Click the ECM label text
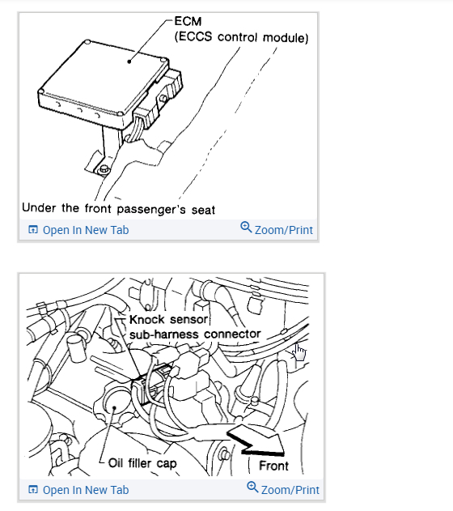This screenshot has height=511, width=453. pyautogui.click(x=188, y=21)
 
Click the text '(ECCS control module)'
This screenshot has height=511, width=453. pyautogui.click(x=242, y=36)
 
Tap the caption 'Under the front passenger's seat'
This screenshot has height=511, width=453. pyautogui.click(x=118, y=209)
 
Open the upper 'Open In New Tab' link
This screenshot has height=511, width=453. pyautogui.click(x=86, y=230)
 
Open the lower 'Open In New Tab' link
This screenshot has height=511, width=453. pyautogui.click(x=86, y=490)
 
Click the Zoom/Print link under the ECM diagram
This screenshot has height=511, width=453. pyautogui.click(x=283, y=230)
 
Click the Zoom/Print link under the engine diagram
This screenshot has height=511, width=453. pyautogui.click(x=290, y=490)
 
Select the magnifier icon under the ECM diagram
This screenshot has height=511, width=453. pyautogui.click(x=246, y=227)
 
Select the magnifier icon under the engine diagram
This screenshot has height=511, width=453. pyautogui.click(x=252, y=488)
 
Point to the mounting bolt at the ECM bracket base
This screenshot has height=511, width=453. pyautogui.click(x=104, y=168)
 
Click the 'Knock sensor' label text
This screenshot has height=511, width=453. pyautogui.click(x=168, y=320)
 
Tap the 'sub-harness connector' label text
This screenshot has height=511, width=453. pyautogui.click(x=195, y=334)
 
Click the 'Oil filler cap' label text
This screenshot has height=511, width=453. pyautogui.click(x=142, y=463)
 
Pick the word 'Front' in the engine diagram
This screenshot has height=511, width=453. pyautogui.click(x=273, y=466)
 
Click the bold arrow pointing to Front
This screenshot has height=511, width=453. pyautogui.click(x=256, y=441)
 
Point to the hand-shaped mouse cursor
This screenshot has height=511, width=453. pyautogui.click(x=299, y=352)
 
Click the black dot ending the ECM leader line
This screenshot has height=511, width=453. pyautogui.click(x=129, y=62)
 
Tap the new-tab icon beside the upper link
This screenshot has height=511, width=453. pyautogui.click(x=33, y=230)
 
